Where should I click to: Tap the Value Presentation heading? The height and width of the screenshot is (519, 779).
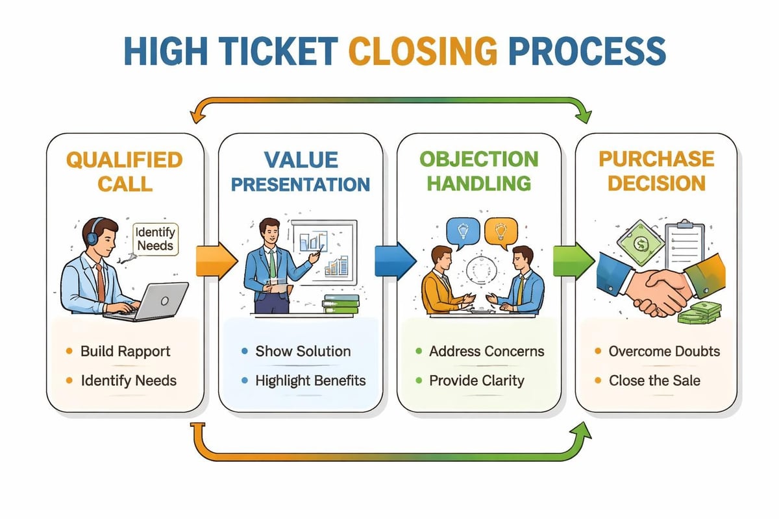tap(301, 171)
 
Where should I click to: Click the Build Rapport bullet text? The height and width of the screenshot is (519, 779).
tap(125, 352)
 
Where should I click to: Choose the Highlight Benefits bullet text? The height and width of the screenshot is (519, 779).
tap(310, 380)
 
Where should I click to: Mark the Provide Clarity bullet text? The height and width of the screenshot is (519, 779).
tap(476, 380)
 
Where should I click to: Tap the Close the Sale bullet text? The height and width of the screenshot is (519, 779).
tap(654, 380)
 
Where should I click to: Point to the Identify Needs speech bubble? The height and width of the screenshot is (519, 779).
tap(156, 238)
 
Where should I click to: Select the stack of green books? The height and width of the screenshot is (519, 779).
tap(340, 305)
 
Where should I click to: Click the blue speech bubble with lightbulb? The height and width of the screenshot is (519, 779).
tap(463, 232)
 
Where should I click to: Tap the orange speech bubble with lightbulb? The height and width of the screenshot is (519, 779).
tap(500, 232)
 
